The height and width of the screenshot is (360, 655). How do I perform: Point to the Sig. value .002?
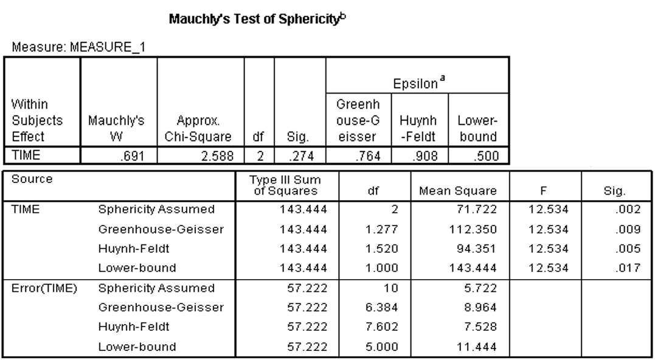point(626,210)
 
